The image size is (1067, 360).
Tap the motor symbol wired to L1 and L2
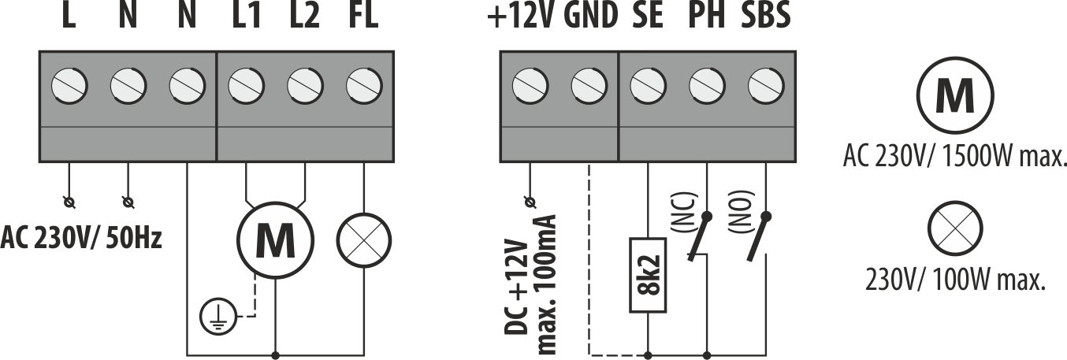pos(275,240)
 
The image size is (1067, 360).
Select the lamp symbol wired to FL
pos(364,239)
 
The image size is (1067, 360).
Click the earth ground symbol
pos(214,317)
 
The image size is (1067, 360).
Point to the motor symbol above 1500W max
pos(954,95)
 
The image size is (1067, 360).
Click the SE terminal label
pos(649,17)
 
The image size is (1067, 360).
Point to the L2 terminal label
pos(304,17)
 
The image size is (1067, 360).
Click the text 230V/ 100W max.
pos(955,278)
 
